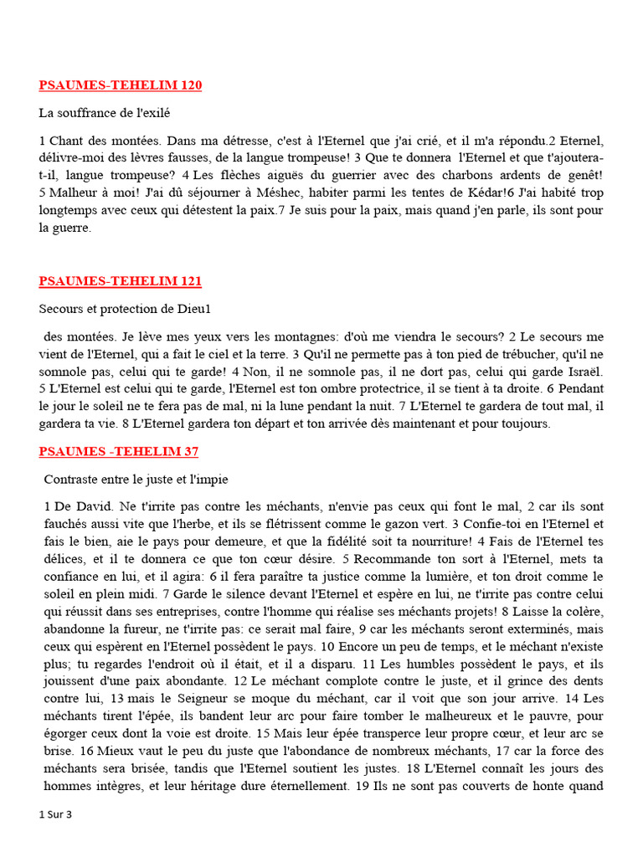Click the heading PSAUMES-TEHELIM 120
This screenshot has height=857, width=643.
(x=120, y=85)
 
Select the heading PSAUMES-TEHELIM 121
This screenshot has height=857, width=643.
(x=120, y=281)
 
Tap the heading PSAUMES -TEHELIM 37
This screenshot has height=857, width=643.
(x=118, y=452)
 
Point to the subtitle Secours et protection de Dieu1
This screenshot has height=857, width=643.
(x=124, y=309)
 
